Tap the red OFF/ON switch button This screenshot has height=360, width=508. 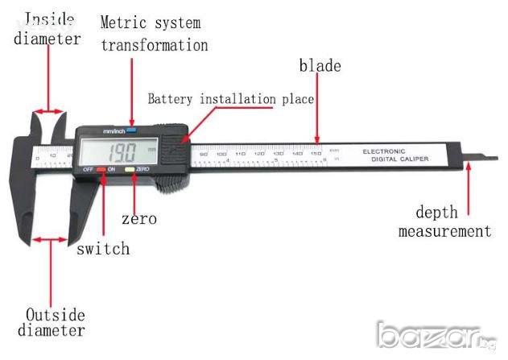101,170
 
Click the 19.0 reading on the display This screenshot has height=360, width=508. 122,150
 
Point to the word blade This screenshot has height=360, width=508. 320,66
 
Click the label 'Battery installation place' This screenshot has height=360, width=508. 230,99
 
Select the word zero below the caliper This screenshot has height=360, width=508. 138,218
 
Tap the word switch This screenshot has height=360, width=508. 103,249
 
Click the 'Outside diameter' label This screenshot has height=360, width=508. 55,322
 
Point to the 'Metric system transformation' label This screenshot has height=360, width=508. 154,33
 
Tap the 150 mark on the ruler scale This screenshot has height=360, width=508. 316,152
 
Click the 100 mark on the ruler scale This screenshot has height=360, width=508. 221,153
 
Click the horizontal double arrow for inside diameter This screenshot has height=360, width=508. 50,112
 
